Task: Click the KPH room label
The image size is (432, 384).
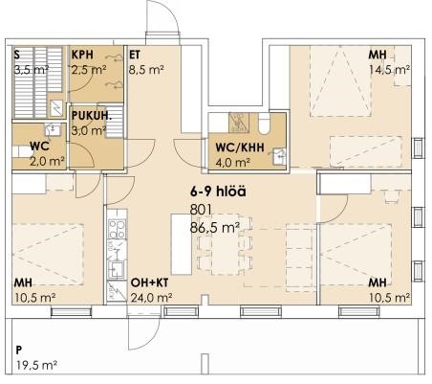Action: tap(82, 55)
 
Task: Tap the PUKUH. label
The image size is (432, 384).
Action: tap(92, 116)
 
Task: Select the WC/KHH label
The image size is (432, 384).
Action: tap(240, 147)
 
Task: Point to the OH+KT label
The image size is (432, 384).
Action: tap(149, 282)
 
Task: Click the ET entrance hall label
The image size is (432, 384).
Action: tap(135, 55)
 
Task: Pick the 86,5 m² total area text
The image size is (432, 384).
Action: tap(214, 228)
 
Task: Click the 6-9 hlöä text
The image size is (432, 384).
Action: tap(218, 192)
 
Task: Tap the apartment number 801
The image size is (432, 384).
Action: tap(201, 210)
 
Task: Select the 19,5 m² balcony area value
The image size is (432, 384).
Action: tap(36, 365)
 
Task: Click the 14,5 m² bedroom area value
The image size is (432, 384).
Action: tap(389, 70)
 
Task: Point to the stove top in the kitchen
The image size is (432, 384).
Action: tap(117, 229)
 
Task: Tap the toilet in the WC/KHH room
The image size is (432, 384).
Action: tap(264, 124)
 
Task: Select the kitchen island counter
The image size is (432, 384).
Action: tap(181, 244)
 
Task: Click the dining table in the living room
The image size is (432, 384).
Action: tap(225, 244)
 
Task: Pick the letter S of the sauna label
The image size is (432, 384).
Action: tap(17, 55)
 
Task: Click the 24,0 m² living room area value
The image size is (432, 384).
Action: tap(151, 298)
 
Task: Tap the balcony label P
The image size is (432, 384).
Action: tap(19, 350)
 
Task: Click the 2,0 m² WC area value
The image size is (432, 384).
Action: tap(47, 161)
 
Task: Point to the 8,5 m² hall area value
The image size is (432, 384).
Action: tap(146, 70)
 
